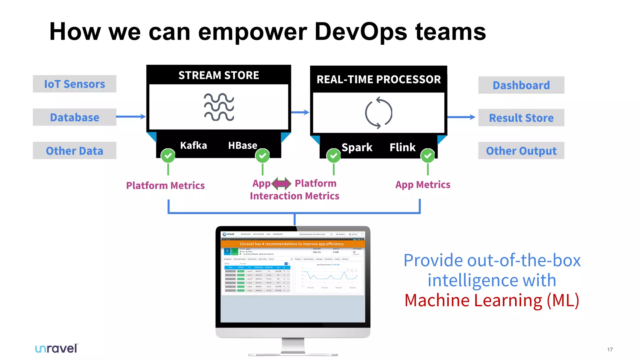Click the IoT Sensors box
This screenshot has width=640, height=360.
[x=74, y=84]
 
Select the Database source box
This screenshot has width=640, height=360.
[x=74, y=117]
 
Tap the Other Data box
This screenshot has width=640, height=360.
[x=74, y=151]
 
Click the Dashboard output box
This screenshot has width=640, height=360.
[x=521, y=85]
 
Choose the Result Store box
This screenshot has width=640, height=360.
[x=521, y=118]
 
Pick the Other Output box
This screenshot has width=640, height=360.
[x=521, y=151]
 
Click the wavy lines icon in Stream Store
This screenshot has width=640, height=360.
[x=219, y=107]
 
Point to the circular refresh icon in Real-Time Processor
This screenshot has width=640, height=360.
[x=378, y=113]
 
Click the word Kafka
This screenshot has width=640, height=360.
[x=193, y=145]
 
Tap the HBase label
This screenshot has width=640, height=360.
[x=242, y=145]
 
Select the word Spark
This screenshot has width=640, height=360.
[x=357, y=147]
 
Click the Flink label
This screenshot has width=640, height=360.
[x=402, y=147]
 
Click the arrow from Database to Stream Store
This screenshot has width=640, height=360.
[x=131, y=117]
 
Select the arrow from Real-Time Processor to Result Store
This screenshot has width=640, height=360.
[x=461, y=117]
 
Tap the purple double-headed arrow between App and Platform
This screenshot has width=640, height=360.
[x=282, y=183]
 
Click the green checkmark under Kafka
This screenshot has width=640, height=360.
[x=168, y=156]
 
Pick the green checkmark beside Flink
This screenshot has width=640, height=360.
[x=427, y=156]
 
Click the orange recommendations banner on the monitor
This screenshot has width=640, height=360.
[x=292, y=244]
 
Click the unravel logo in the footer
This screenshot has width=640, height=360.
[x=57, y=348]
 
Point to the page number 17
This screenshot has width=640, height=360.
[x=610, y=349]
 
